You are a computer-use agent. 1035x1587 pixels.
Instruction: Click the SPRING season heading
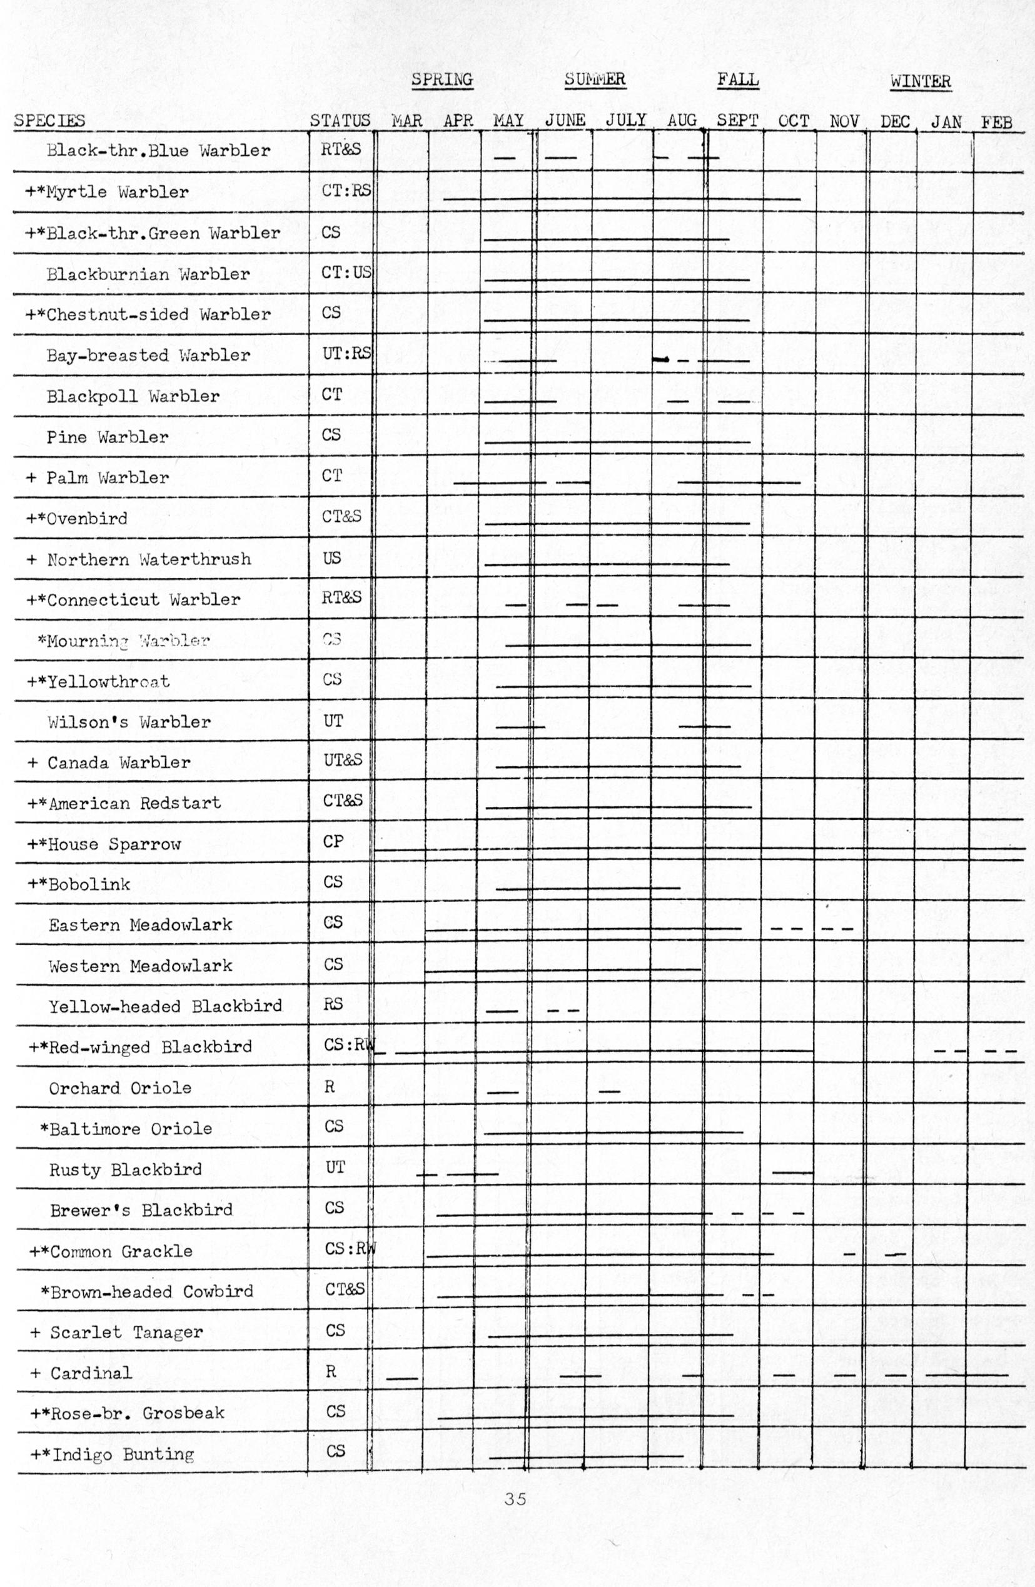pyautogui.click(x=442, y=79)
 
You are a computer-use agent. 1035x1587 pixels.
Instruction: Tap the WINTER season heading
pyautogui.click(x=920, y=81)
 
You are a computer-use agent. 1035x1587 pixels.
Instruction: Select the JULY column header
pyautogui.click(x=626, y=120)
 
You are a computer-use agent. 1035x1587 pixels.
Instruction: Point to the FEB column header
pyautogui.click(x=996, y=123)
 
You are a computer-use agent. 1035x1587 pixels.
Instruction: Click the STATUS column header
pyautogui.click(x=340, y=121)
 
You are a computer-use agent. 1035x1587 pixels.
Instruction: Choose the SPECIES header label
pyautogui.click(x=49, y=121)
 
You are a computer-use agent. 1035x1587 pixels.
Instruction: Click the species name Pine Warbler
pyautogui.click(x=108, y=438)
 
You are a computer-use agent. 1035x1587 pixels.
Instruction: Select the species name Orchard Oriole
pyautogui.click(x=120, y=1088)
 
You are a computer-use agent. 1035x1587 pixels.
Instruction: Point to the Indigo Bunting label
pyautogui.click(x=123, y=1454)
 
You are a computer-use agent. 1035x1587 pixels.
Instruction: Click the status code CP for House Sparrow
pyautogui.click(x=333, y=841)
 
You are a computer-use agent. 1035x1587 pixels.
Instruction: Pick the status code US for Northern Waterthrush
pyautogui.click(x=331, y=558)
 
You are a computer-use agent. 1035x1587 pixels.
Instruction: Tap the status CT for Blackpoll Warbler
pyautogui.click(x=331, y=395)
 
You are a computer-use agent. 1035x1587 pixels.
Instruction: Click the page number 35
pyautogui.click(x=515, y=1499)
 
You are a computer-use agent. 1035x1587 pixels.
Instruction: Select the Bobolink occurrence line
pyautogui.click(x=587, y=889)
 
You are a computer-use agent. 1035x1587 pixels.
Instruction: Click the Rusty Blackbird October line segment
pyautogui.click(x=792, y=1172)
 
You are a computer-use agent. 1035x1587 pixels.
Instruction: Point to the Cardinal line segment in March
pyautogui.click(x=401, y=1378)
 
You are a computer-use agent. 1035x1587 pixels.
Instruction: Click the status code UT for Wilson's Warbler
pyautogui.click(x=333, y=721)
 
